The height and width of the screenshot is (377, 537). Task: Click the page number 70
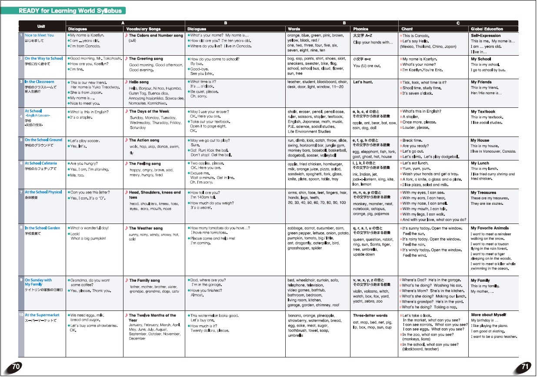[x=16, y=367]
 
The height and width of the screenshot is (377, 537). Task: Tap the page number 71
[x=525, y=367]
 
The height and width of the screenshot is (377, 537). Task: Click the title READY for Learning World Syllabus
[x=72, y=10]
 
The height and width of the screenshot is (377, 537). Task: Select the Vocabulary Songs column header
[x=143, y=29]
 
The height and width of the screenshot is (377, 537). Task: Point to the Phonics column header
[x=361, y=29]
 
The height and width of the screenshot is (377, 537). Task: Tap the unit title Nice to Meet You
[x=39, y=35]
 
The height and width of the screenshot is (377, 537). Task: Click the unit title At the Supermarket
[x=42, y=315]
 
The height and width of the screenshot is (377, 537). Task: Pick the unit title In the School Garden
[x=42, y=228]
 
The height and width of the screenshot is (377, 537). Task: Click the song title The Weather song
[x=146, y=228]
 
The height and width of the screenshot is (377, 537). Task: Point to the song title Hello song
[x=139, y=82]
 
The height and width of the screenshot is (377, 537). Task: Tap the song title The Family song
[x=144, y=280]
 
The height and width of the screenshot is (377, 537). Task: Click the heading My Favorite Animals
[x=490, y=228]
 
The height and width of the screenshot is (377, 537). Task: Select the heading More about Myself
[x=488, y=314]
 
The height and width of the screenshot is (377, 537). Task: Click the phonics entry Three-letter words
[x=370, y=315]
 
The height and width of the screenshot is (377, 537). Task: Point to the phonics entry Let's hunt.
[x=363, y=82]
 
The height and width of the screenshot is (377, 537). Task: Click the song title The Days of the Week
[x=149, y=111]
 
